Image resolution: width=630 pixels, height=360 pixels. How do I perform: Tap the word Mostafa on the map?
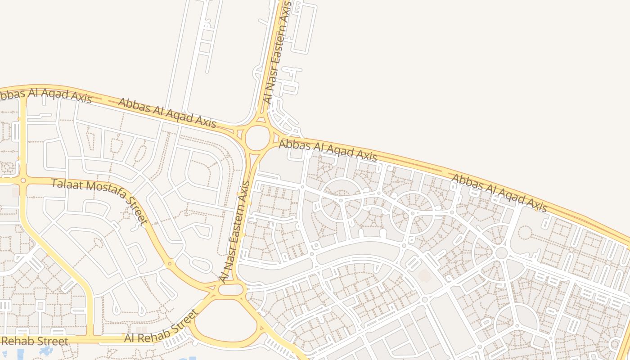103,195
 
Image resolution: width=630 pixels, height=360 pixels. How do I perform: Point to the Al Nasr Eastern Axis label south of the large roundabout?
235,232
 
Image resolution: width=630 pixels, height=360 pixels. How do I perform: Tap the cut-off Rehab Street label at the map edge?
34,341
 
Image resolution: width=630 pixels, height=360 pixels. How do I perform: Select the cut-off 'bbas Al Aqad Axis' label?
45,95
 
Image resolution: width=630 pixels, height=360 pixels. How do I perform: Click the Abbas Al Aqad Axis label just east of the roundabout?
328,150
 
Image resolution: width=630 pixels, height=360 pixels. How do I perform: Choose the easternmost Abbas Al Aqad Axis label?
499,193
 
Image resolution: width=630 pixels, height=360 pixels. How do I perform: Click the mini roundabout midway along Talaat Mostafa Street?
170,264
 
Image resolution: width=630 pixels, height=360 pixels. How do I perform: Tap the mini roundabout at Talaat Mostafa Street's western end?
23,180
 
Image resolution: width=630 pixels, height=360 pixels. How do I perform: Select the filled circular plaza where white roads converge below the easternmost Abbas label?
501,253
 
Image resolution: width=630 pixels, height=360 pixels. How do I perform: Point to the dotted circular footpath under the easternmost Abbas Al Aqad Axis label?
525,233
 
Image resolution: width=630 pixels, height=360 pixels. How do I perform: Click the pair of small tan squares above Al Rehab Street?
142,330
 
